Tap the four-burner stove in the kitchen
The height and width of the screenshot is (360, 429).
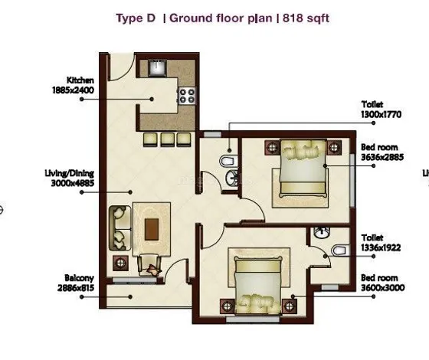point(186,96)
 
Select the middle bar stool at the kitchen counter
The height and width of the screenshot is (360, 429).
point(166,138)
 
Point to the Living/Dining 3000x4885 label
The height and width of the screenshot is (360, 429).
point(71,178)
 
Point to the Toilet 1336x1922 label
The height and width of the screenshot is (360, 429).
point(379,244)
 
